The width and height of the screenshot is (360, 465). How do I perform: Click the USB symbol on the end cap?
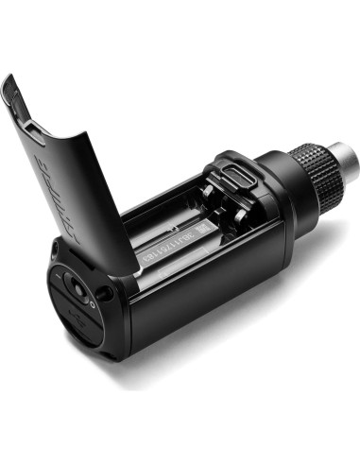[87, 318]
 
